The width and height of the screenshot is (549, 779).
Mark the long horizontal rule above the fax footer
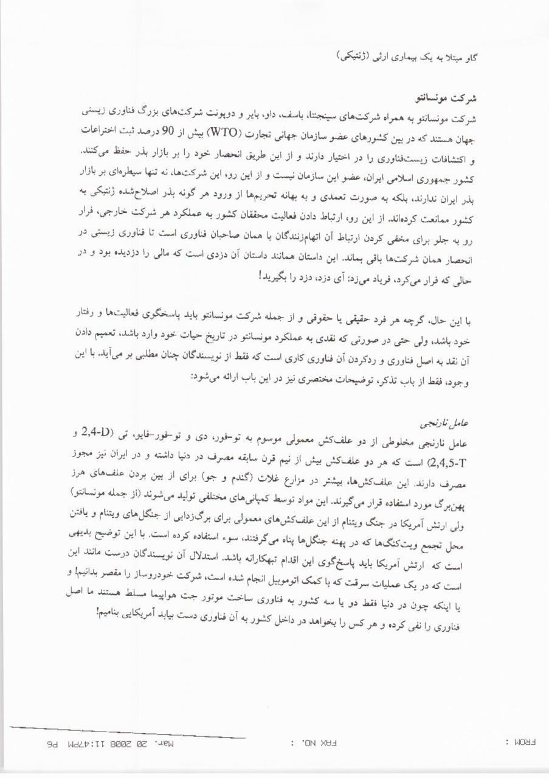128,733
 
